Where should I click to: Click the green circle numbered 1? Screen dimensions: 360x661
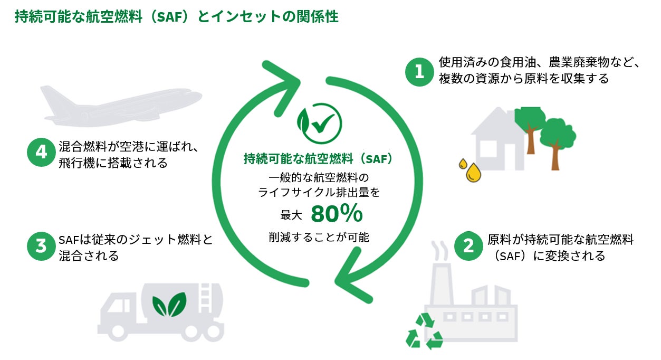[x=419, y=72]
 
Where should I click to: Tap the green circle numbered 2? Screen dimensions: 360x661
[x=468, y=247]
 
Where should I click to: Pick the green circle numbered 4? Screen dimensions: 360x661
[x=41, y=153]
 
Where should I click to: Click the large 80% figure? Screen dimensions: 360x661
[x=337, y=214]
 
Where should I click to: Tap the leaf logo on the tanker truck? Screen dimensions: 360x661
[x=169, y=305]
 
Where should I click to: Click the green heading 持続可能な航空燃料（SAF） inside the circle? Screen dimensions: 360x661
[x=319, y=158]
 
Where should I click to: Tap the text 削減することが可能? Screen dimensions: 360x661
[x=319, y=237]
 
